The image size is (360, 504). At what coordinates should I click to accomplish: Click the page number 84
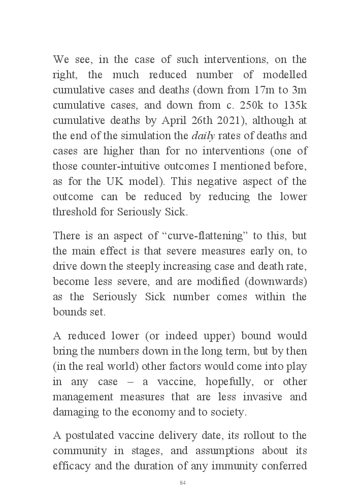[x=183, y=483]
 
